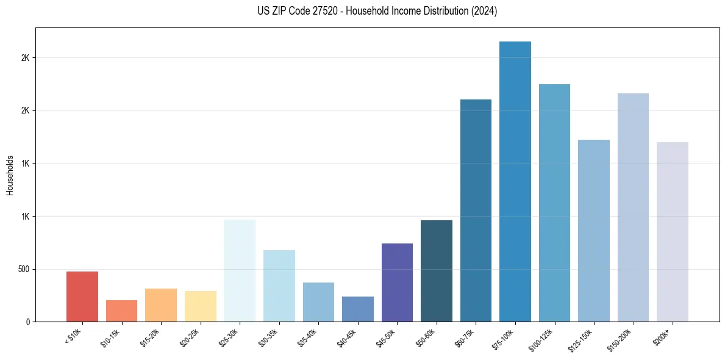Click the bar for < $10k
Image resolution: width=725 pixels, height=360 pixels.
(82, 297)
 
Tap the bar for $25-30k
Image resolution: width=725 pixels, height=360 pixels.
(240, 270)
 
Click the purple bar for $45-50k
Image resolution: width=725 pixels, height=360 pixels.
(397, 283)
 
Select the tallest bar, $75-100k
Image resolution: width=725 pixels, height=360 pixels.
(515, 181)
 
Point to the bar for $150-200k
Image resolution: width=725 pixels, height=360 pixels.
(633, 207)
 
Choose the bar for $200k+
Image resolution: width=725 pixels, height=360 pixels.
(673, 232)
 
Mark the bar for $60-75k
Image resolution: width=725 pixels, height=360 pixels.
(476, 211)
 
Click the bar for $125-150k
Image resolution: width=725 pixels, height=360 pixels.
(594, 231)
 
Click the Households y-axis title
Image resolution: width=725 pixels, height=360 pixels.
(10, 175)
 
